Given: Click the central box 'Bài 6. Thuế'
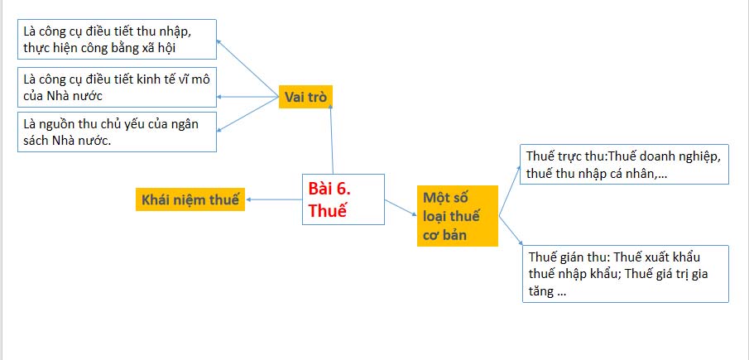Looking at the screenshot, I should click(x=343, y=199).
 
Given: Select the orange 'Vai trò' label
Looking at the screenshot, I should click(x=306, y=98).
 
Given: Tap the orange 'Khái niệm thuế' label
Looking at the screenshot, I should click(x=190, y=199).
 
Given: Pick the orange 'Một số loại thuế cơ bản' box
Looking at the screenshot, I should click(x=457, y=216).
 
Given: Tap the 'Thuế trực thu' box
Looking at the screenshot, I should click(x=625, y=164).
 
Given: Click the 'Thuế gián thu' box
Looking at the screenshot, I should click(x=625, y=273).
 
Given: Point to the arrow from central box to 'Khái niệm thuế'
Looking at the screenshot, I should click(x=273, y=199).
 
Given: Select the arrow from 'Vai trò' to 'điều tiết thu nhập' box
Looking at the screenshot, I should click(x=248, y=68).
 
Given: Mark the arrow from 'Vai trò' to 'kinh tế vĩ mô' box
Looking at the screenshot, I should click(x=248, y=97).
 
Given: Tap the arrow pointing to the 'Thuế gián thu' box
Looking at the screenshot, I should click(x=510, y=232).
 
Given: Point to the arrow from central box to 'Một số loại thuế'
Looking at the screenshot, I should click(x=401, y=208).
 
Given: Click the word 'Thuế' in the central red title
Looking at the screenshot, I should click(x=328, y=210).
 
